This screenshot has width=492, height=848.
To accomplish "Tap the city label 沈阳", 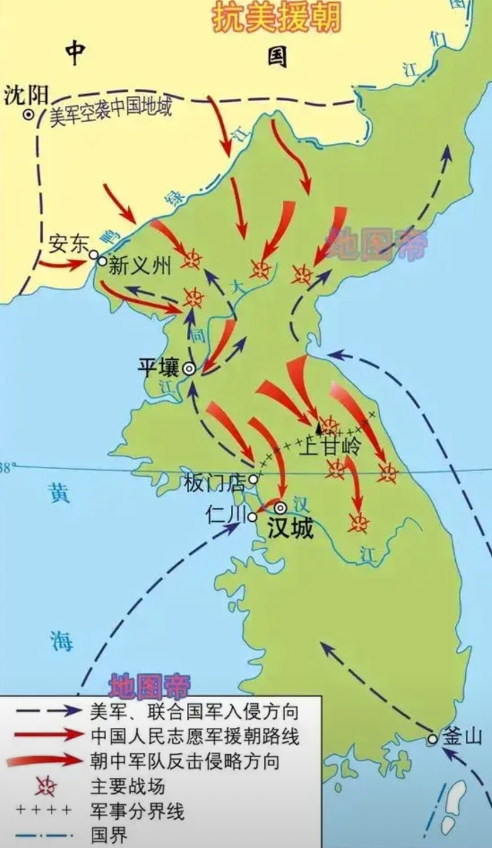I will pyautogui.click(x=23, y=95).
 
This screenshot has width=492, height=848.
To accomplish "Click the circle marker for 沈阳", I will pyautogui.click(x=29, y=114).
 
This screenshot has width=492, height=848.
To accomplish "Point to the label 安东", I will pyautogui.click(x=68, y=242).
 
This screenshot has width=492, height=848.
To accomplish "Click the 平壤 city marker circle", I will pyautogui.click(x=189, y=368).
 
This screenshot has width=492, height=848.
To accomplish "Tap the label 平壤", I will pyautogui.click(x=158, y=367).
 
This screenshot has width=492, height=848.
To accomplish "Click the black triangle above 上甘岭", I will pyautogui.click(x=319, y=427).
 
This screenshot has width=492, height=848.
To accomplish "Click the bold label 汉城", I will pyautogui.click(x=290, y=529).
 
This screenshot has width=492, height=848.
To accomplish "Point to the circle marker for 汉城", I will pyautogui.click(x=280, y=507).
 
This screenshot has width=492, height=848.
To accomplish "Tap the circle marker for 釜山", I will pyautogui.click(x=433, y=739).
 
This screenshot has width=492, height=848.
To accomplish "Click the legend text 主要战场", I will pyautogui.click(x=127, y=785).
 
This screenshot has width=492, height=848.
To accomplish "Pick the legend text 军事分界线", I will pyautogui.click(x=137, y=811).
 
